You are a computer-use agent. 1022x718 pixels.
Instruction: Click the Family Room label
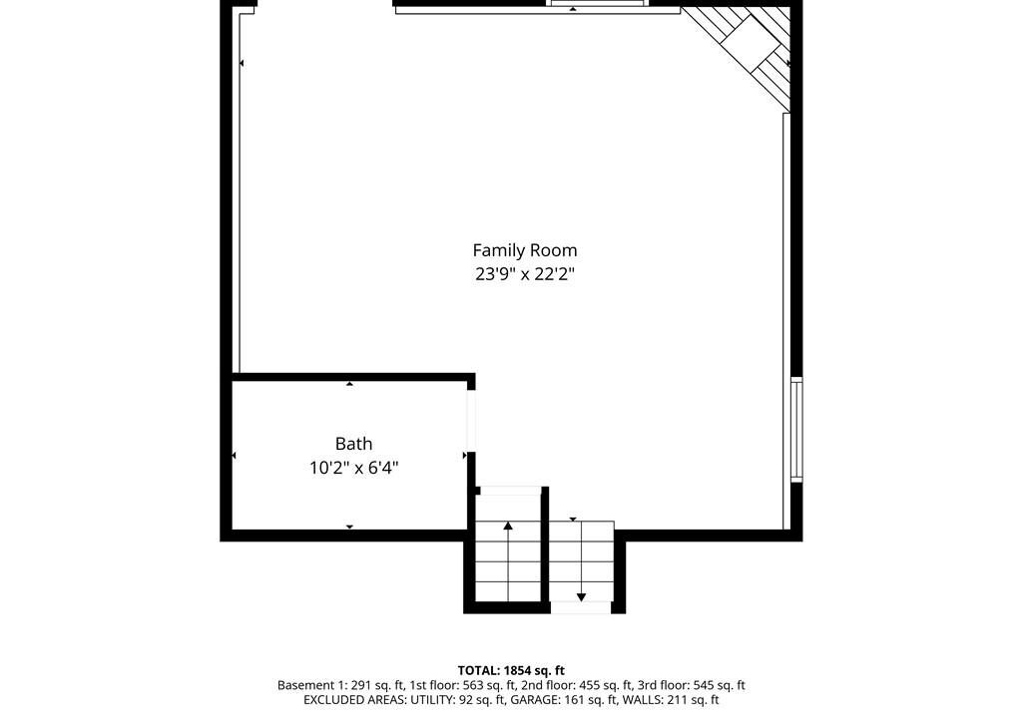pyautogui.click(x=525, y=250)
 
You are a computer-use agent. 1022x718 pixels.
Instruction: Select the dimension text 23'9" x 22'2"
pyautogui.click(x=525, y=273)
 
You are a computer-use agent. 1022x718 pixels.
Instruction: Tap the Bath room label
pyautogui.click(x=354, y=444)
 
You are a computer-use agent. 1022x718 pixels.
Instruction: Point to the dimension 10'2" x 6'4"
pyautogui.click(x=354, y=467)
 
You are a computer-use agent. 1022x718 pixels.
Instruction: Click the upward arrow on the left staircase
pyautogui.click(x=508, y=561)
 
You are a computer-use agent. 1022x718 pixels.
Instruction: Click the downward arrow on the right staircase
pyautogui.click(x=582, y=561)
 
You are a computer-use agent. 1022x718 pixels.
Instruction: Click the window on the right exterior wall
pyautogui.click(x=796, y=430)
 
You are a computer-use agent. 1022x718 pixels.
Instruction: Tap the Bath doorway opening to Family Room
pyautogui.click(x=471, y=420)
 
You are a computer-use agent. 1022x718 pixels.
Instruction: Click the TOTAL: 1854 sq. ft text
pyautogui.click(x=511, y=670)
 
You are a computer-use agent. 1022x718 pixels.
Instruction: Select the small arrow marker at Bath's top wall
pyautogui.click(x=349, y=384)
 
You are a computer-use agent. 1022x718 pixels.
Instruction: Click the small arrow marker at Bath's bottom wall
pyautogui.click(x=349, y=527)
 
